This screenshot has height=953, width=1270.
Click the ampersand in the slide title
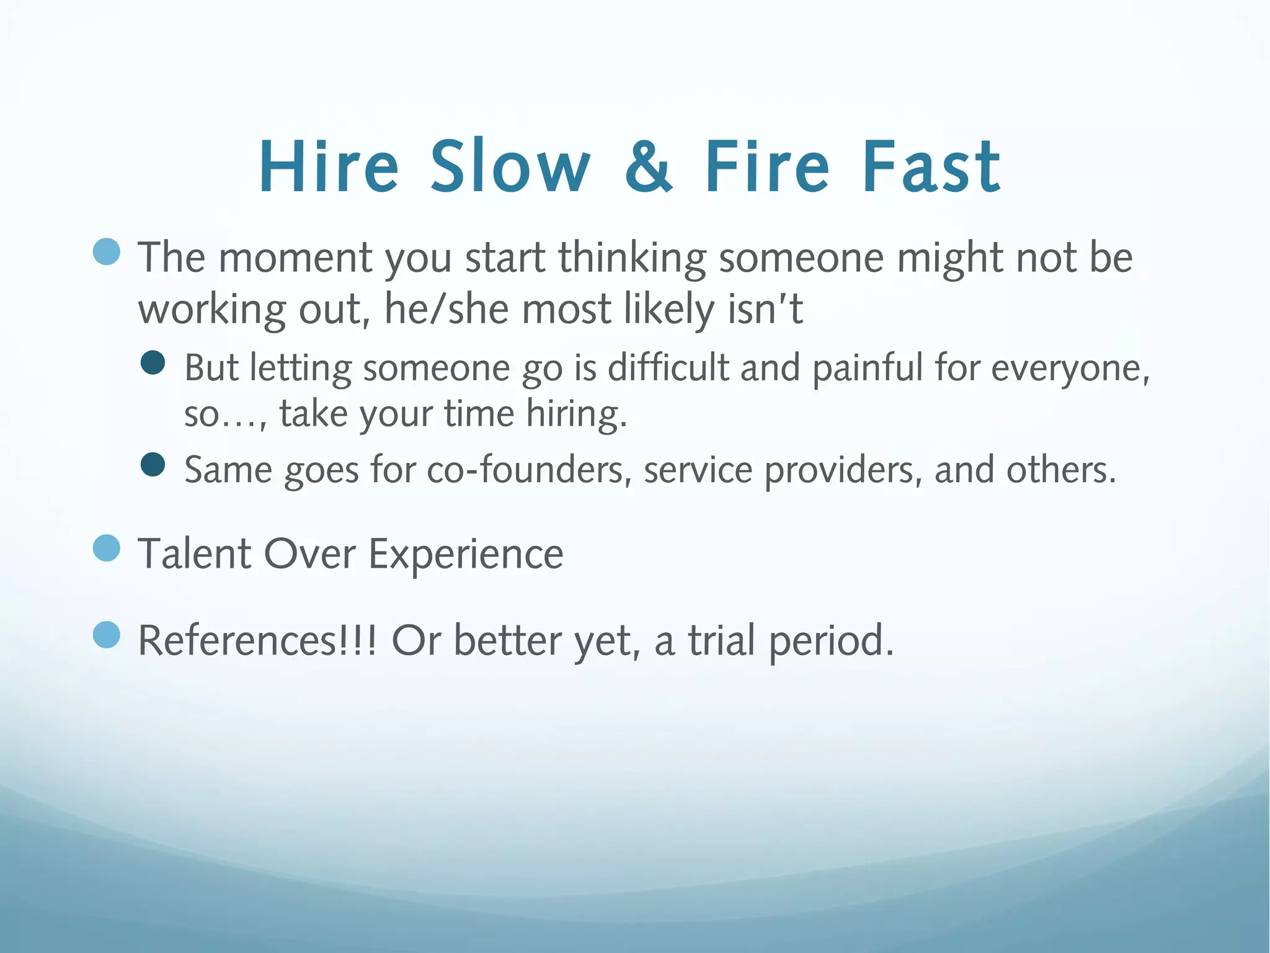[x=648, y=166]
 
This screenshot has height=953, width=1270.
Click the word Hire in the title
[x=329, y=166]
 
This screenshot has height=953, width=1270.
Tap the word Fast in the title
[x=931, y=166]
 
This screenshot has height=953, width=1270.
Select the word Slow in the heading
[x=510, y=166]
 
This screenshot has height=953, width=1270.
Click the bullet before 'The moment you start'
[x=107, y=252]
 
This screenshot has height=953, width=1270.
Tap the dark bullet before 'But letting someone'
[x=153, y=363]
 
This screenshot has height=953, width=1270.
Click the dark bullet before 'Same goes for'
[x=153, y=465]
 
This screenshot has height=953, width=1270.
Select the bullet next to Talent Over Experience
[x=107, y=548]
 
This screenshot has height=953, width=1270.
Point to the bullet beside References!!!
[x=107, y=635]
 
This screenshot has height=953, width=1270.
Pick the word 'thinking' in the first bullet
[x=631, y=259]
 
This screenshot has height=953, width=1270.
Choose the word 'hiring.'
[x=576, y=414]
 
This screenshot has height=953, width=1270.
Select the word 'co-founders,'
[x=530, y=470]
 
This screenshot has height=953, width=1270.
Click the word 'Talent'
[x=195, y=553]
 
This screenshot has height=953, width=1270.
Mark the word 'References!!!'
[x=257, y=640]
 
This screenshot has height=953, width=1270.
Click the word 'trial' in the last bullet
[x=721, y=640]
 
